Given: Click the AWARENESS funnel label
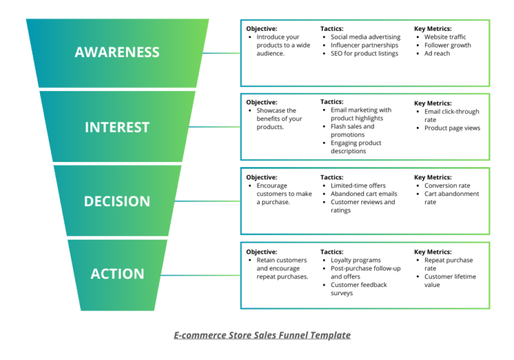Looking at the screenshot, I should click(x=117, y=52).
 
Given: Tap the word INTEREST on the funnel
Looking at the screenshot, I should click(x=117, y=127).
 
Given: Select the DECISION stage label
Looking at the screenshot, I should click(x=117, y=201).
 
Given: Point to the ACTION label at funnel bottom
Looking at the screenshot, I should click(x=117, y=274).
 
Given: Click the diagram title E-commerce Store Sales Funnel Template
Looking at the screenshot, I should click(x=262, y=335).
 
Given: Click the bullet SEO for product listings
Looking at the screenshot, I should click(x=364, y=54).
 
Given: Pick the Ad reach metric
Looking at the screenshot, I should click(x=437, y=54).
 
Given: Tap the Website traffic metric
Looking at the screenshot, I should click(x=445, y=37).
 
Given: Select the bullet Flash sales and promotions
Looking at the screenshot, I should click(x=353, y=130).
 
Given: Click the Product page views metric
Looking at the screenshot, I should click(x=452, y=128).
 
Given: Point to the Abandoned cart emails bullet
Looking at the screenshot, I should click(x=363, y=194).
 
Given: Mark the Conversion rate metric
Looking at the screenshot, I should click(x=447, y=186).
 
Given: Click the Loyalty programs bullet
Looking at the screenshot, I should click(x=355, y=260).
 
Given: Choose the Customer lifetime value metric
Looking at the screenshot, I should click(x=450, y=280).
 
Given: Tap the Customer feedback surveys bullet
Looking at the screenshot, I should click(x=358, y=289).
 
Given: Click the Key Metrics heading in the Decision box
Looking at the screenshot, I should click(x=432, y=177).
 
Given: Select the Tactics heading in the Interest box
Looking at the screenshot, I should click(x=332, y=102).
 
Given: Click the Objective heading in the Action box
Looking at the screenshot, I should click(x=262, y=252).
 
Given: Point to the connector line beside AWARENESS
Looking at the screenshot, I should click(x=220, y=52).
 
